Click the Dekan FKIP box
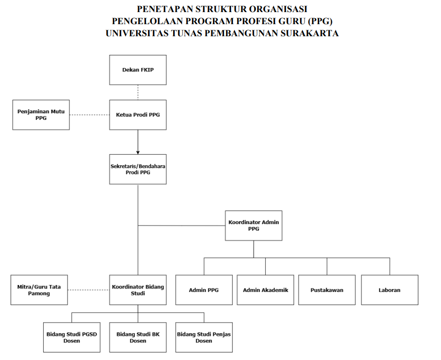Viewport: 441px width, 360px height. click(138, 70)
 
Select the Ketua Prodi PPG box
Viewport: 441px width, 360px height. click(138, 115)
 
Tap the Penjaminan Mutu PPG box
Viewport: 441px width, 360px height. click(41, 115)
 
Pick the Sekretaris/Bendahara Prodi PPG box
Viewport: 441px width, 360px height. click(138, 169)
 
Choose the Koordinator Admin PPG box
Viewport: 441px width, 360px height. click(254, 225)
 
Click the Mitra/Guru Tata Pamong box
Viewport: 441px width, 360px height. click(39, 290)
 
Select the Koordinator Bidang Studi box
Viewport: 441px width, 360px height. click(138, 290)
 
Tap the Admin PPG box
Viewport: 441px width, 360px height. click(204, 290)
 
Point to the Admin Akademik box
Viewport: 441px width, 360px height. click(265, 290)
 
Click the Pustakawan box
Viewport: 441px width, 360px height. click(327, 290)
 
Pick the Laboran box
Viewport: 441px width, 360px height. click(389, 290)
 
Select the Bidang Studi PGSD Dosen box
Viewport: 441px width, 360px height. click(71, 337)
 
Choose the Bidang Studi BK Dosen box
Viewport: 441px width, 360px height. click(138, 337)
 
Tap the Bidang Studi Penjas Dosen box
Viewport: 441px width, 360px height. click(204, 337)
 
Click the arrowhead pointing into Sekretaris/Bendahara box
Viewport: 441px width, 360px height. click(138, 152)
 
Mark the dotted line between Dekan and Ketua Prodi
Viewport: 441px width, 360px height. click(138, 93)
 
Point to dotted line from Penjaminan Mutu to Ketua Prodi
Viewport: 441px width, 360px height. click(90, 115)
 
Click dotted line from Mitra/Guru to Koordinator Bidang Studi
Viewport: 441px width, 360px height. click(89, 290)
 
